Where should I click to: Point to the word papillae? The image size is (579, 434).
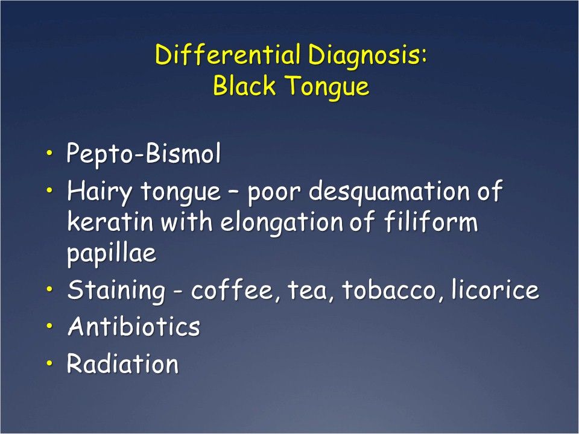click(111, 254)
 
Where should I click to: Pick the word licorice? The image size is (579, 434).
click(495, 290)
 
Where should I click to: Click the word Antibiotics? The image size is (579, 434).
click(133, 327)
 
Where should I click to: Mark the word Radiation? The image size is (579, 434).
click(122, 364)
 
